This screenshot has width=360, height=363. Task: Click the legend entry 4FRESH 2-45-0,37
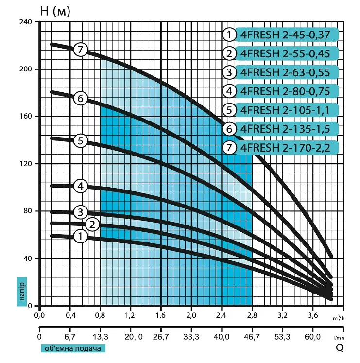(285, 35)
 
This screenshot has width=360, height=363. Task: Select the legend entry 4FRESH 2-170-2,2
(285, 147)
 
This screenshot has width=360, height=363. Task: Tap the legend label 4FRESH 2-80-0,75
(285, 91)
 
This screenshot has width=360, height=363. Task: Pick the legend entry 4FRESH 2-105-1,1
(285, 110)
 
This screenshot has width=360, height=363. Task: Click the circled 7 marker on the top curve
(80, 49)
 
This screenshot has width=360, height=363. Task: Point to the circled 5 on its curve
(80, 141)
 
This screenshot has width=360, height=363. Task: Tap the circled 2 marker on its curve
(92, 225)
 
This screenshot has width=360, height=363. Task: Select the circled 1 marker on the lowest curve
(80, 236)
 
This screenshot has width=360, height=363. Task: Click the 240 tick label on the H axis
(25, 22)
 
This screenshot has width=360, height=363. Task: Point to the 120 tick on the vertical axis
(25, 164)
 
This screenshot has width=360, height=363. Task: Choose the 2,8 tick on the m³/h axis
(252, 315)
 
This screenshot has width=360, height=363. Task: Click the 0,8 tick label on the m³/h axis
(100, 315)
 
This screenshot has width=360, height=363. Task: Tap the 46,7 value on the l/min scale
(252, 337)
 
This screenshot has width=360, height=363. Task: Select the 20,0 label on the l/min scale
(134, 337)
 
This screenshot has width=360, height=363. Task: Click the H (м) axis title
(55, 11)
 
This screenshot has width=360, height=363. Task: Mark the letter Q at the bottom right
(340, 347)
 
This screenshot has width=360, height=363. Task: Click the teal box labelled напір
(22, 292)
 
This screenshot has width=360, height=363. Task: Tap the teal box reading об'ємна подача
(73, 348)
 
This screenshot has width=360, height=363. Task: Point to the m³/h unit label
(339, 318)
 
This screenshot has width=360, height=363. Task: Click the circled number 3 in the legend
(229, 72)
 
